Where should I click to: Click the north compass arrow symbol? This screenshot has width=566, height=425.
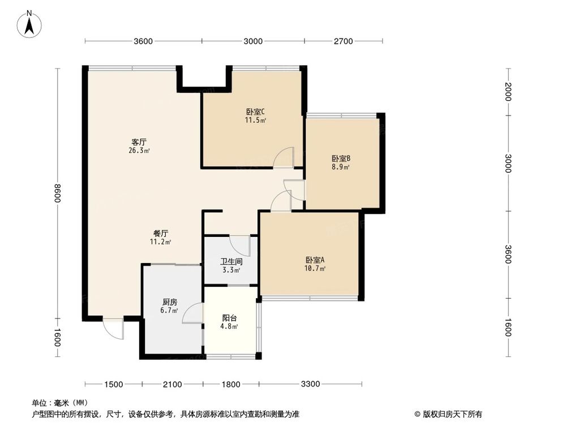[31, 23]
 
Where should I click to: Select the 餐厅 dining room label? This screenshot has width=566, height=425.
[161, 233]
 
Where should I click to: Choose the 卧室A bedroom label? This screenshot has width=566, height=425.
[315, 260]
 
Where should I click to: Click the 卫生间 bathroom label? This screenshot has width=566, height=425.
[231, 262]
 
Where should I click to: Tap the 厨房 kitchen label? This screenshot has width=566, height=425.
[169, 302]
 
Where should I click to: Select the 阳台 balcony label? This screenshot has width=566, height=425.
[229, 318]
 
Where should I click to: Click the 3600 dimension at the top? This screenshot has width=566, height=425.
[143, 41]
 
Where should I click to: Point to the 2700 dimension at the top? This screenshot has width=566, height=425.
[343, 41]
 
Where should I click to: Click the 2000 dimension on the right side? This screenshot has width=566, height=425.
[508, 92]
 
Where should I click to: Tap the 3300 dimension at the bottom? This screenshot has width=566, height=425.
[310, 384]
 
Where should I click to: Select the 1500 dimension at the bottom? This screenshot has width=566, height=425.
[113, 384]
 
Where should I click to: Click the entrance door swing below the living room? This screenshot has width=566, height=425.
[113, 329]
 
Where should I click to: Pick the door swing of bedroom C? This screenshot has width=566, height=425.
[283, 158]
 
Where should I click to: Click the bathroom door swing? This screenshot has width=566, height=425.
[240, 245]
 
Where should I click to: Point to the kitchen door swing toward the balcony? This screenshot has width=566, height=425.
[192, 314]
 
